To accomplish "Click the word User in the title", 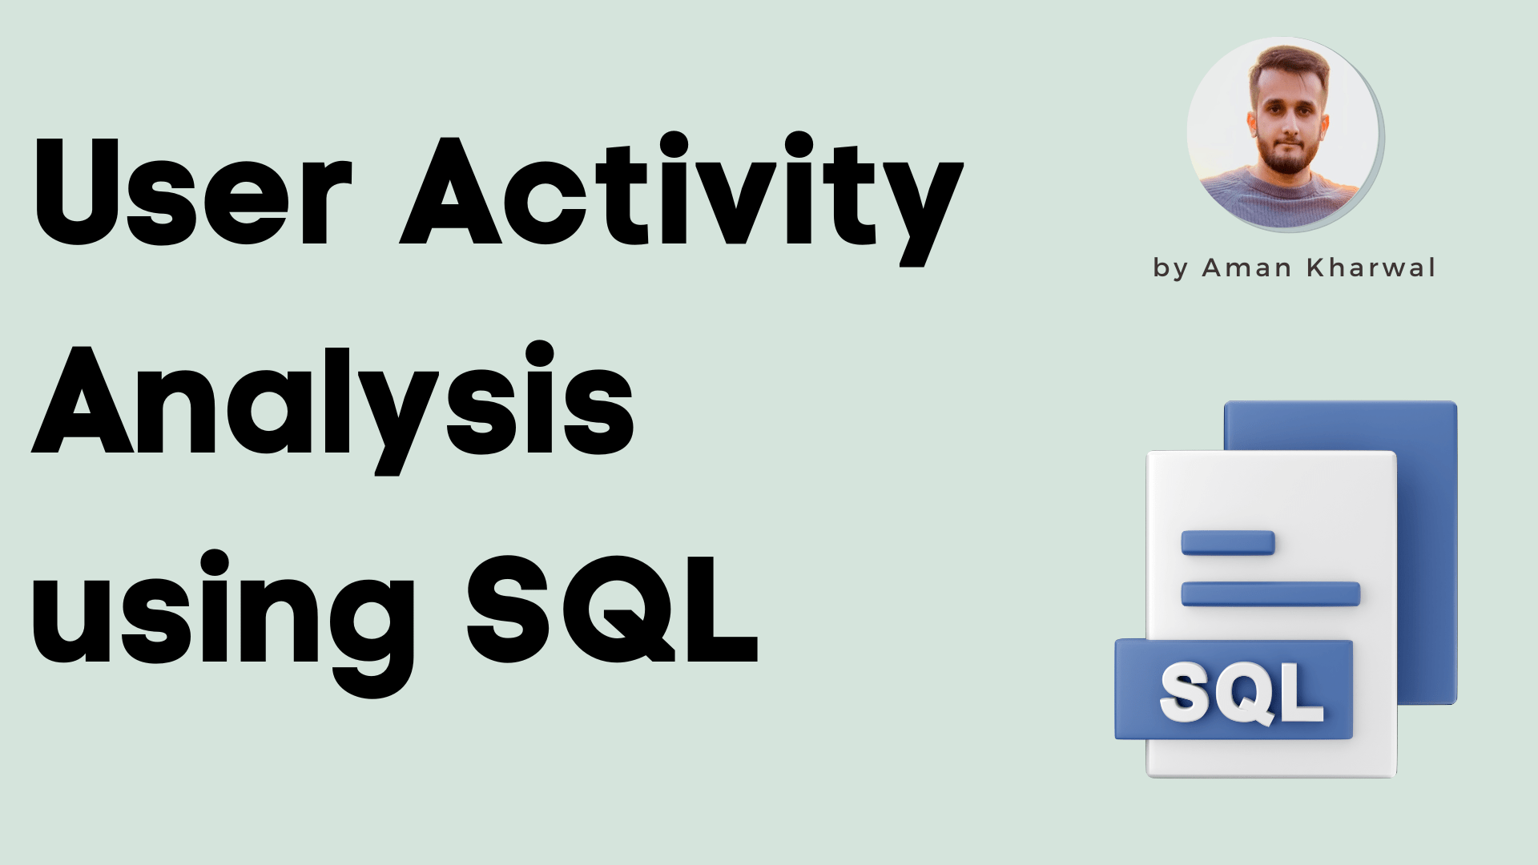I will tap(192, 192).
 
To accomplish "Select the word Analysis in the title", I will tap(332, 400).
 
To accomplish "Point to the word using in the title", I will tap(224, 613).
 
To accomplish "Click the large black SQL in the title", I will tap(613, 609).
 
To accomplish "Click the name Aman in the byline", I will tap(1247, 268).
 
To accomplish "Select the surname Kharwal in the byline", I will tap(1371, 268).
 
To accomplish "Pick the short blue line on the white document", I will tap(1228, 542).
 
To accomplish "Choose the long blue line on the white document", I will tap(1270, 593).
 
